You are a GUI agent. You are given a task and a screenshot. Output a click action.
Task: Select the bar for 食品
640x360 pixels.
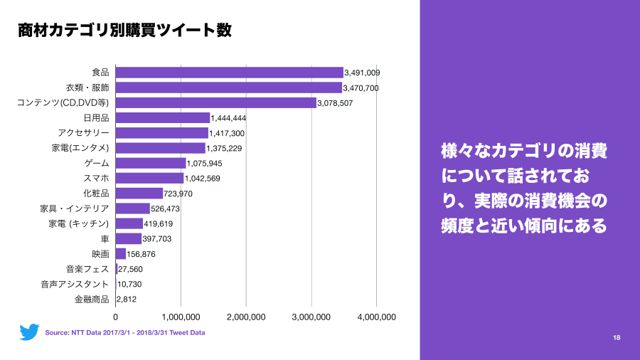click(229, 73)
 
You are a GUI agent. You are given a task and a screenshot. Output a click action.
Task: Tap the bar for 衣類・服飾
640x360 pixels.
click(228, 88)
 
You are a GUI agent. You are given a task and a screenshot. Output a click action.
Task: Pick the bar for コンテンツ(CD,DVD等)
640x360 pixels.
click(215, 103)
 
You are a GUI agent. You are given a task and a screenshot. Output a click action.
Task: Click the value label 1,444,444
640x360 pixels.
click(228, 118)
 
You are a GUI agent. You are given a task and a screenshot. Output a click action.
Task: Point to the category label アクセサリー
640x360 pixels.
click(84, 133)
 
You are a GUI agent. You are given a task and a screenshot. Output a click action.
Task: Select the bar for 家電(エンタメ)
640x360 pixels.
click(160, 148)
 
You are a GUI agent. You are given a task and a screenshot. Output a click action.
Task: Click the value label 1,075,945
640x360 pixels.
click(205, 164)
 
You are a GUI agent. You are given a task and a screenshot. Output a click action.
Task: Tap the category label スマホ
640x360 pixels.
click(97, 178)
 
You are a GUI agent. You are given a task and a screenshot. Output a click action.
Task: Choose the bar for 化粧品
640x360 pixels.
click(139, 194)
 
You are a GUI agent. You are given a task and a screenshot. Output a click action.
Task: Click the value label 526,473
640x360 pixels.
click(166, 209)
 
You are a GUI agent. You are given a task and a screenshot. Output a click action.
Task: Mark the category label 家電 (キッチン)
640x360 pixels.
click(79, 223)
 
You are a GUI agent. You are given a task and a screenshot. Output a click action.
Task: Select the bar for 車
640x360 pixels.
click(129, 238)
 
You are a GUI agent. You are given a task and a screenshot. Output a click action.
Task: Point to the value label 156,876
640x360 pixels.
click(141, 254)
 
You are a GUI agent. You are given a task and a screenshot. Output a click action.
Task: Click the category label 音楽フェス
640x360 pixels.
click(87, 269)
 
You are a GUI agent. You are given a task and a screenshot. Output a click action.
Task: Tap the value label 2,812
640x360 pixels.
click(127, 300)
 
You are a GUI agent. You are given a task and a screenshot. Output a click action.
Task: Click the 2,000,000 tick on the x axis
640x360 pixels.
click(246, 317)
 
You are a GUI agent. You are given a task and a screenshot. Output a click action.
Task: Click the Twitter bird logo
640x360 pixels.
click(29, 332)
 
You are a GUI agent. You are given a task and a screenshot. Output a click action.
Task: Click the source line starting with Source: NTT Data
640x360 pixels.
click(125, 332)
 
